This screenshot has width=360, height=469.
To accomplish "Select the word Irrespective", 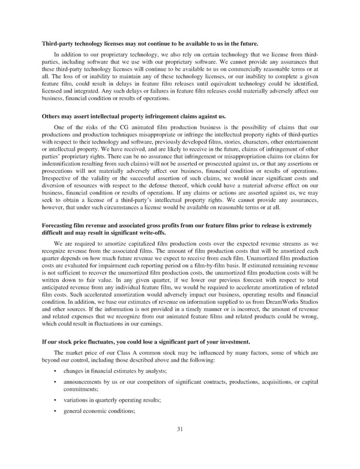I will (58, 178).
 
